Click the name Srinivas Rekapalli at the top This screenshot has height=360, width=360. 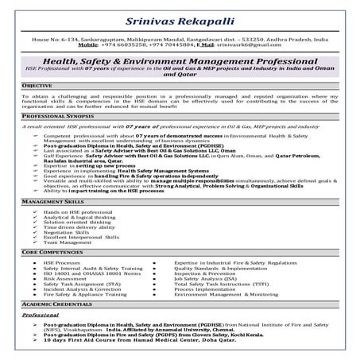(x=180, y=17)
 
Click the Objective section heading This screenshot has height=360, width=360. (x=38, y=83)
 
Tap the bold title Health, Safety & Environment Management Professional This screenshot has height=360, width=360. (x=180, y=62)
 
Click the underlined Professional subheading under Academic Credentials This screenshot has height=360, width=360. (x=41, y=315)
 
